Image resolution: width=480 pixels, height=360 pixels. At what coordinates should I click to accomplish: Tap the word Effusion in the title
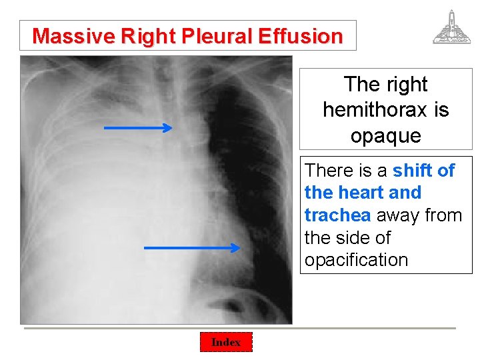coord(300,36)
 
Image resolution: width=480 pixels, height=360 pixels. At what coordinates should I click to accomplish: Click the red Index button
coord(226,342)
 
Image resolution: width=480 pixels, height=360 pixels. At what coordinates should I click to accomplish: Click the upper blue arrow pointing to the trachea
coord(137,127)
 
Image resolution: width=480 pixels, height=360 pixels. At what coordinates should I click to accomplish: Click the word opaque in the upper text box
coord(386,135)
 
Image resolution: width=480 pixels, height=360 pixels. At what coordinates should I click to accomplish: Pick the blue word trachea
coord(337,215)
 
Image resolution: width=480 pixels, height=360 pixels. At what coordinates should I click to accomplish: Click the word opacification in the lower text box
coord(356,260)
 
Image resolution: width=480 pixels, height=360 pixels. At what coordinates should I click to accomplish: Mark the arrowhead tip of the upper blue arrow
coord(172,127)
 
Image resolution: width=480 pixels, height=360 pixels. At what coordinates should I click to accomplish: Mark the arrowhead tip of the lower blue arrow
coord(239,248)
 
